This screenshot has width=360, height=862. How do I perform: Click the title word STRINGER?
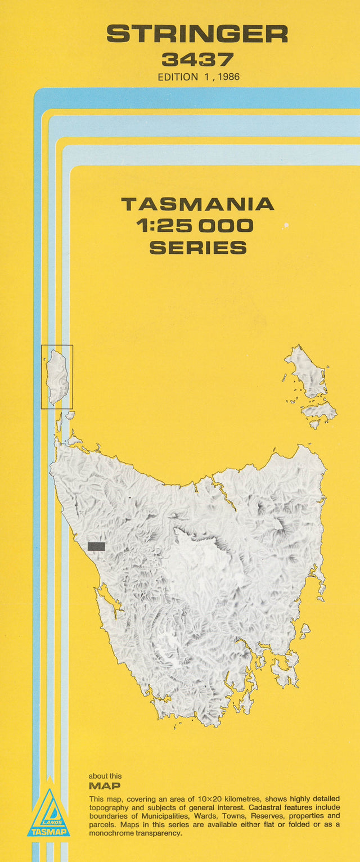click(197, 35)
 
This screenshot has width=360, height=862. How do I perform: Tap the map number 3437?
click(197, 60)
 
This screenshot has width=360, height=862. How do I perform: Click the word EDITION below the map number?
click(177, 77)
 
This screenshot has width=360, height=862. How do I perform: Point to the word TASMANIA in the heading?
click(197, 204)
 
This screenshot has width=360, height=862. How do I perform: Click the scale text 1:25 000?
click(195, 226)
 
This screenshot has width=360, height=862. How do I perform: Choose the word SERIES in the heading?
click(197, 248)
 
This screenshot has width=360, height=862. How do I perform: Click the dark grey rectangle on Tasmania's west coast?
click(96, 546)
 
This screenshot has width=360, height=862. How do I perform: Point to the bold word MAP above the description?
click(105, 786)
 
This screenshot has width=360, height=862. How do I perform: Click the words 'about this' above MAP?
click(105, 776)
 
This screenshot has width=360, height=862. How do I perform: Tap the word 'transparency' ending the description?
click(158, 833)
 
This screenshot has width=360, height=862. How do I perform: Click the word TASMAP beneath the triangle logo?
click(49, 832)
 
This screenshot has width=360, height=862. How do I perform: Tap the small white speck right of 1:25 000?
click(286, 226)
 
